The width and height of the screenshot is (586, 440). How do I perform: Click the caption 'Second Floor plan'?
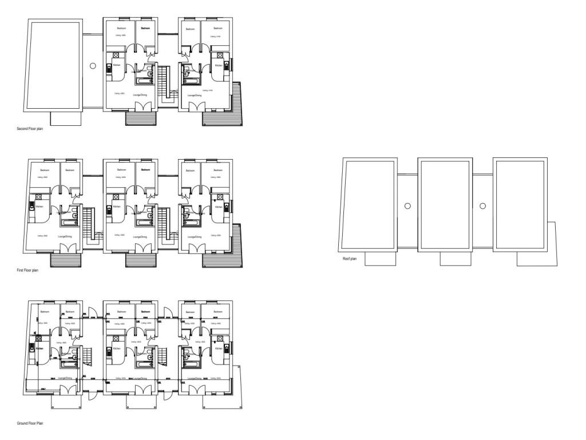click(30, 129)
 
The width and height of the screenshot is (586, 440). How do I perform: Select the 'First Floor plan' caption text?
click(27, 270)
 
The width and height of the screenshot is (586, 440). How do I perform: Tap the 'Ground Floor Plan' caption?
click(30, 423)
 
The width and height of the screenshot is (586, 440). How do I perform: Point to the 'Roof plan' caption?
click(350, 259)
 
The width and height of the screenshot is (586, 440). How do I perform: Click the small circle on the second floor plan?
click(93, 66)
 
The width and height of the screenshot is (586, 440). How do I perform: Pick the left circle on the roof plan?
click(407, 206)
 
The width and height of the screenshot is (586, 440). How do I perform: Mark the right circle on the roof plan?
click(482, 206)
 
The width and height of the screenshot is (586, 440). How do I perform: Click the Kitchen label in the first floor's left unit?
click(39, 207)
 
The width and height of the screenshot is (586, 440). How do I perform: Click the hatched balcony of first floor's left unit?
click(66, 260)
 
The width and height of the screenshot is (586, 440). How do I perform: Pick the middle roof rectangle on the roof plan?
click(445, 204)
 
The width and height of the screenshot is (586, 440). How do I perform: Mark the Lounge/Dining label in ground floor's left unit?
click(64, 378)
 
